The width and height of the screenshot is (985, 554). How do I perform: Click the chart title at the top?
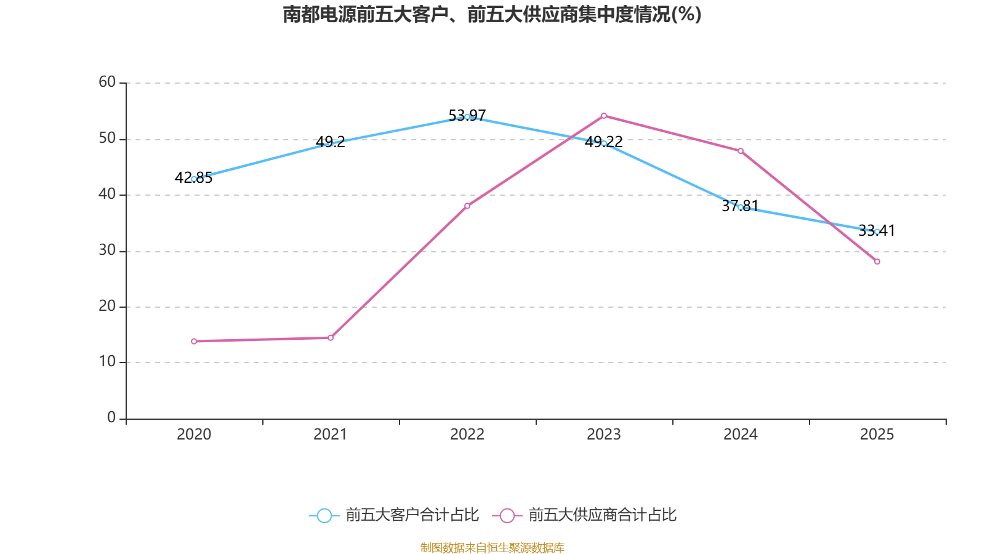tap(492, 15)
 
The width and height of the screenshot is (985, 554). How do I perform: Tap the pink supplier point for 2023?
tap(604, 116)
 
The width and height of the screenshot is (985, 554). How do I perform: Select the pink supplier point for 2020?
tap(194, 341)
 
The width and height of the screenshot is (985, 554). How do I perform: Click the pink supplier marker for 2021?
tap(331, 338)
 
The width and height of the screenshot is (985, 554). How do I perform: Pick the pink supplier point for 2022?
tap(467, 206)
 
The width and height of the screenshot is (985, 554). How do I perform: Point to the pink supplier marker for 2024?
tap(741, 151)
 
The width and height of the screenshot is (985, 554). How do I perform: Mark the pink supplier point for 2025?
tap(877, 262)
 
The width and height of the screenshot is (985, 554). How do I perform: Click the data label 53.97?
tap(467, 116)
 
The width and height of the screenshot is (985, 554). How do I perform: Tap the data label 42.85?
tap(193, 178)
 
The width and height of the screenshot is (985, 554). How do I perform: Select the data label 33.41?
tap(877, 230)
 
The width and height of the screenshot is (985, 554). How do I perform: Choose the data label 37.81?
tap(740, 206)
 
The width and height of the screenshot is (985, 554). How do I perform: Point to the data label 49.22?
tap(603, 142)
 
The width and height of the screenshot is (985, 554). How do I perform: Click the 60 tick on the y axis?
tap(107, 82)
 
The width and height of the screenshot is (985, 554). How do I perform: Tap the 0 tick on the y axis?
tap(111, 417)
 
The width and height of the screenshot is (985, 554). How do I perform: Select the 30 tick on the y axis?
tap(107, 250)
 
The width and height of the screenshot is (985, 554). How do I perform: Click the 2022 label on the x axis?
tap(467, 435)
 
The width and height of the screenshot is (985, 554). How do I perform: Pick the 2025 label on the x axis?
tap(877, 435)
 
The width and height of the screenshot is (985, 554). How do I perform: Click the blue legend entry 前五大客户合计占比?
tap(394, 515)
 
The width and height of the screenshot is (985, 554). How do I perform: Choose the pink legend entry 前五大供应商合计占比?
tap(584, 515)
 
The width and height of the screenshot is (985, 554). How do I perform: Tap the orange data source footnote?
tap(492, 547)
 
